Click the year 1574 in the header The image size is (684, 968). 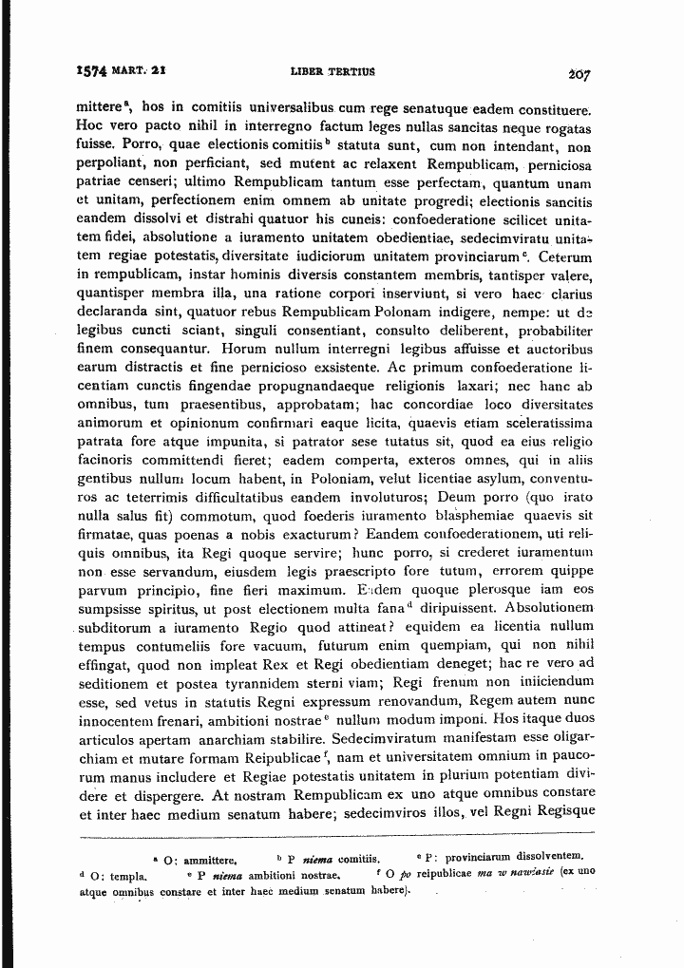92,71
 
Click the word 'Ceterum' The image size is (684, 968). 566,257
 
